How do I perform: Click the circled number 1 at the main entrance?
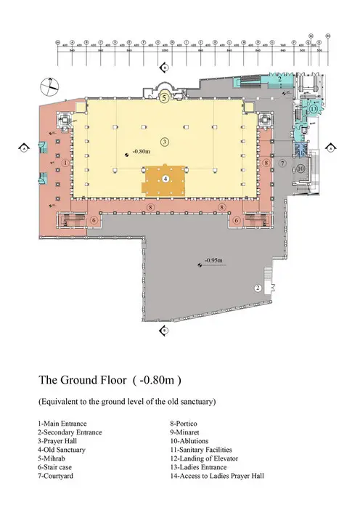coord(66,163)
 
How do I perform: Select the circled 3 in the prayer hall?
coord(165,140)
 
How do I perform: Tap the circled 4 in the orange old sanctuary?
coord(165,178)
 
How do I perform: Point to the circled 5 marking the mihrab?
coord(165,97)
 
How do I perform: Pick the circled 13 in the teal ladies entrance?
coord(314,108)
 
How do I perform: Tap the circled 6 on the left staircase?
coord(93,220)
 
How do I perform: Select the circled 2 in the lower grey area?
coord(257,288)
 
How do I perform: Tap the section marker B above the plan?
coord(165,67)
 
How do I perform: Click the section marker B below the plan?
coord(165,331)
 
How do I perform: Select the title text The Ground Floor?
coord(83,379)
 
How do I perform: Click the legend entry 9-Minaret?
coord(189,432)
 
